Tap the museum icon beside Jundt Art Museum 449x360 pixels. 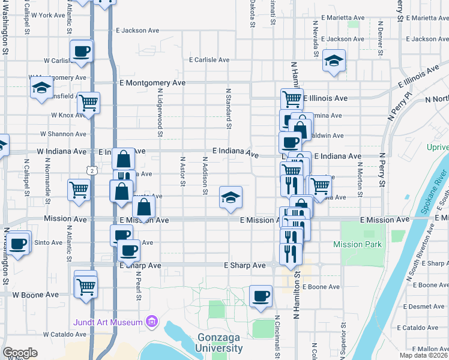[152, 322]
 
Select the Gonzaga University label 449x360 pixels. [219, 343]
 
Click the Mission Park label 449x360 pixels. [357, 244]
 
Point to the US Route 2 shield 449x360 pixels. [91, 171]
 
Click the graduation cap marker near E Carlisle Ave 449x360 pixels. [333, 61]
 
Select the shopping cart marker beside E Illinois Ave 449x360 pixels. [291, 98]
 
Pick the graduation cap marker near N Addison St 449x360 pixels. [230, 197]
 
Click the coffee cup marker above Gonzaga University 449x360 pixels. [260, 296]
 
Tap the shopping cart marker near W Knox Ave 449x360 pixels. [88, 103]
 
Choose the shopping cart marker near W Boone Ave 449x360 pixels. [86, 286]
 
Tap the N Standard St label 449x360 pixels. [229, 109]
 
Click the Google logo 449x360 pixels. [20, 353]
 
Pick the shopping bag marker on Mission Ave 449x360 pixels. [144, 208]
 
